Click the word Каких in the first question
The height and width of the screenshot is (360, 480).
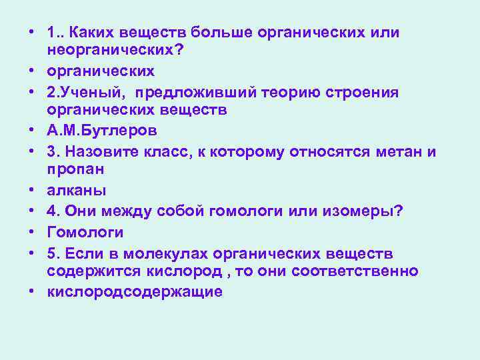pos(91,33)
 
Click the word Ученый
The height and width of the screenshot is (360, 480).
pos(90,91)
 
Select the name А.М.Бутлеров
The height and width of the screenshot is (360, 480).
pos(98,131)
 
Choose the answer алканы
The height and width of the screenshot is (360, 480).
pos(77,190)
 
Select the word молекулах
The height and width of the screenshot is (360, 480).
pos(164,253)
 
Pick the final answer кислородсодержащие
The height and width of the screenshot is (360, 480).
pos(135,292)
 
